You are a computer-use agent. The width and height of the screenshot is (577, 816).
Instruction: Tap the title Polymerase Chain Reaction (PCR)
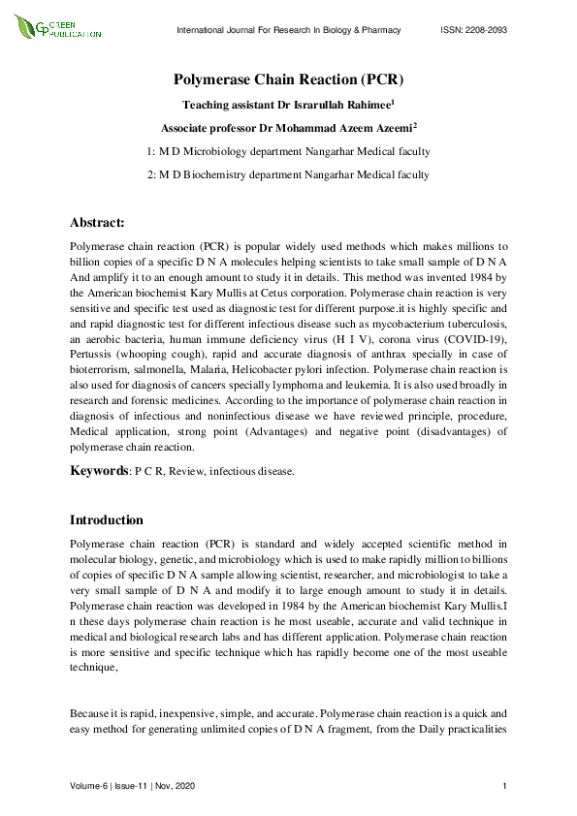(288, 79)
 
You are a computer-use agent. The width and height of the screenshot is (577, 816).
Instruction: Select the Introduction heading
(107, 519)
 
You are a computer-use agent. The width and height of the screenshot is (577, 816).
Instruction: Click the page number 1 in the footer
(506, 784)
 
